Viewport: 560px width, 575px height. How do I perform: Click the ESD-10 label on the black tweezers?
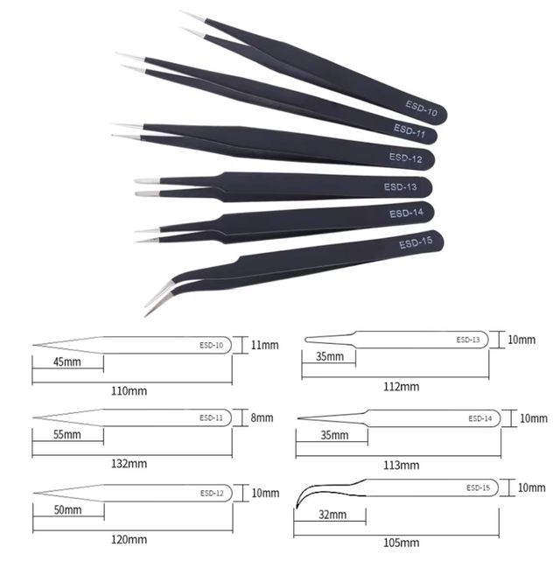[x=422, y=109]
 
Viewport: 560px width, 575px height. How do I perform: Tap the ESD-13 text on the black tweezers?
[x=401, y=187]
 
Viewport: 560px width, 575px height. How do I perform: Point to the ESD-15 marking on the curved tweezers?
[x=416, y=242]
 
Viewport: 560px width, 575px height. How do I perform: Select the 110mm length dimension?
[x=129, y=391]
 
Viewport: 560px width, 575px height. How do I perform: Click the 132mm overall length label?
[x=129, y=464]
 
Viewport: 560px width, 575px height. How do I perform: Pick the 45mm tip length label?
[x=67, y=362]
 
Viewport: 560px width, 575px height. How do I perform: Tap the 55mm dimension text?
[x=67, y=435]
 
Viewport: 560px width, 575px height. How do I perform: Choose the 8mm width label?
[x=262, y=417]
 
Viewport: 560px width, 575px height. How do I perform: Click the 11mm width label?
[x=265, y=345]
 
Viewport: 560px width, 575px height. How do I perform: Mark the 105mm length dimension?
[x=402, y=543]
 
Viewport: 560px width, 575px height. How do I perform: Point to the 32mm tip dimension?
[x=332, y=515]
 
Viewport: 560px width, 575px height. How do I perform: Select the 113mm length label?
[x=402, y=466]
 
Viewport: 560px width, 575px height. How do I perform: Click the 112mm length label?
[x=402, y=387]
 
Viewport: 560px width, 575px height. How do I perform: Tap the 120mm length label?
[x=129, y=539]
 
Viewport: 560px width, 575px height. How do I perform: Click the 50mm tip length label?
[x=68, y=509]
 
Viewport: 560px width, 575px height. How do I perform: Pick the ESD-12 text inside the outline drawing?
[x=212, y=494]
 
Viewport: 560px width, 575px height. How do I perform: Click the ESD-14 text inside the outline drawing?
[x=480, y=418]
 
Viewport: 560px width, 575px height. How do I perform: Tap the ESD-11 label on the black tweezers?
[x=409, y=131]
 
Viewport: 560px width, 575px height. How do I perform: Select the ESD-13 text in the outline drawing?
[x=468, y=340]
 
